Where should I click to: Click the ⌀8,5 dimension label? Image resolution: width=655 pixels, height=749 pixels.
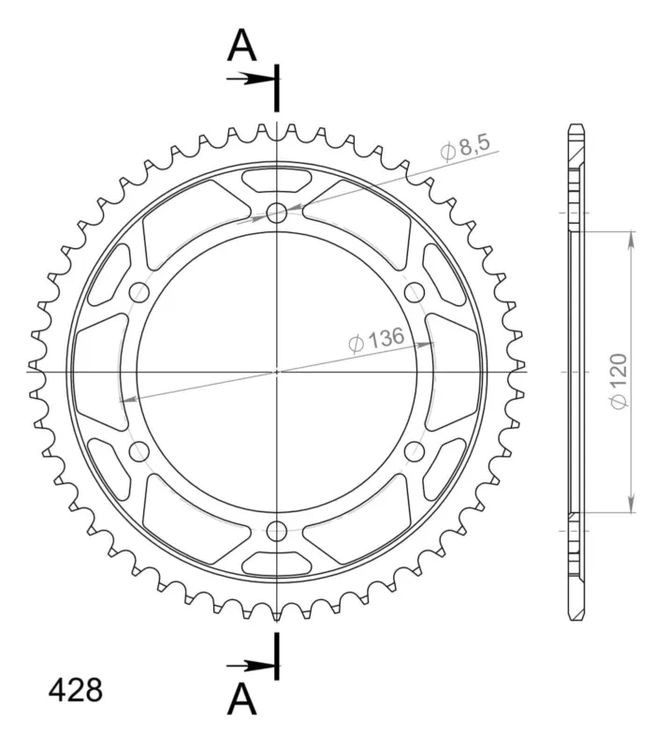coord(465,147)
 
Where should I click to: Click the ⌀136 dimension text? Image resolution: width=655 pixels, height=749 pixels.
coord(376,340)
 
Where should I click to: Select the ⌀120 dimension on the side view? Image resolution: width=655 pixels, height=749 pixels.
coord(619,381)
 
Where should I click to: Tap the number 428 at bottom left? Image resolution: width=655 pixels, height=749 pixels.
coord(76,690)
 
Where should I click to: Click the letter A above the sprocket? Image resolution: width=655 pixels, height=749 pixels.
coord(242,45)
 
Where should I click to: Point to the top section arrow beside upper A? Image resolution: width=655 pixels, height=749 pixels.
coord(250,79)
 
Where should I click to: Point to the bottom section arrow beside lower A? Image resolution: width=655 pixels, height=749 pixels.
coord(250,666)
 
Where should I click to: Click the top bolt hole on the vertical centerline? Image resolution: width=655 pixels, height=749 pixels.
coord(276,213)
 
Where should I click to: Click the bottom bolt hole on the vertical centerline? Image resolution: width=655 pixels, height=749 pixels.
coord(276,530)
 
